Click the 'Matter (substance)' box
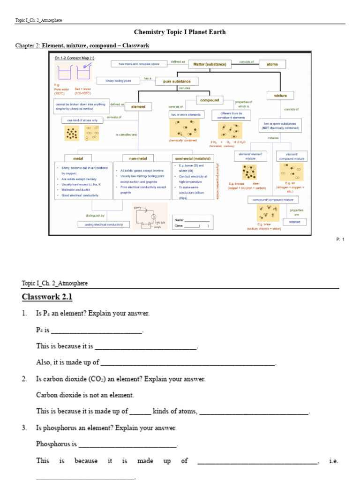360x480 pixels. coord(210,64)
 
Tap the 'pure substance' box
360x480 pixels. coord(177,81)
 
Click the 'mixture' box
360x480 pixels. coord(280,96)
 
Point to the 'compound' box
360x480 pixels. coord(210,100)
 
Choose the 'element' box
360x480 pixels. coord(138,106)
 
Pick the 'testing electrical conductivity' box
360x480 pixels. coord(104,225)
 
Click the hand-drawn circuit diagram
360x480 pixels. coord(150,216)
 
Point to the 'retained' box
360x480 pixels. coord(294,221)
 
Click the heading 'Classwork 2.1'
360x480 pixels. coord(47,297)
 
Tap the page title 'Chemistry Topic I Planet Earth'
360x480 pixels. coord(180,32)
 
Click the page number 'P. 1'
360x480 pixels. coord(340,240)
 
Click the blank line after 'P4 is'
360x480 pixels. coord(97,330)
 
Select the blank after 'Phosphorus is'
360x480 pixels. coord(128,444)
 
